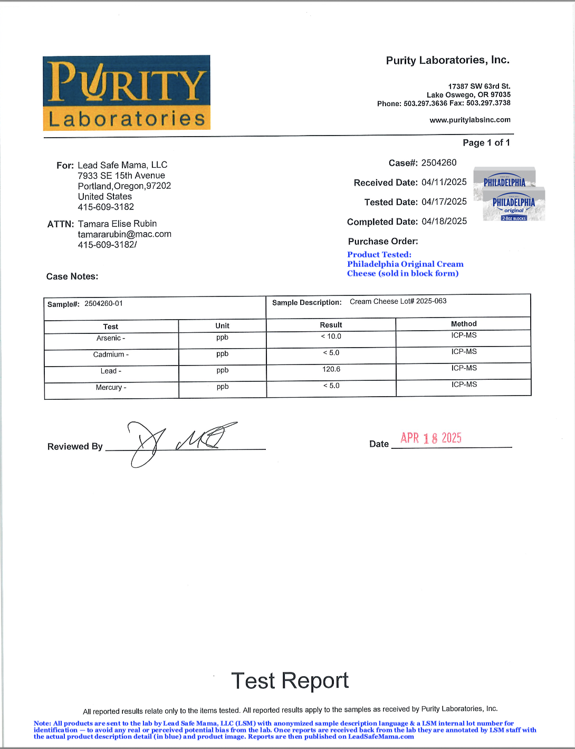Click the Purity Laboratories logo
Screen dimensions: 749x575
127,93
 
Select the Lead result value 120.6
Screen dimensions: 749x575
331,369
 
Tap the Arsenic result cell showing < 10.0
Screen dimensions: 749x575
331,337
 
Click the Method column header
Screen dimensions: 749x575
464,324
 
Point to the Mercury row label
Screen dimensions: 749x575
111,388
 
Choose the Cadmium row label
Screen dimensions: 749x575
111,354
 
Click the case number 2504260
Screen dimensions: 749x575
439,162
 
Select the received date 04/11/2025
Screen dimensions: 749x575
444,183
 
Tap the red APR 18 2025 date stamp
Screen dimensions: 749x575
431,438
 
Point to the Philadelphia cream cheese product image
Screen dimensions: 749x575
509,194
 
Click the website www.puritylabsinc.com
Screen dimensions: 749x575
470,120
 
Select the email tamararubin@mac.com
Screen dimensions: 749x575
124,234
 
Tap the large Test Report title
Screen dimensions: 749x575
290,681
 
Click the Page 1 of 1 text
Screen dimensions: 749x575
486,142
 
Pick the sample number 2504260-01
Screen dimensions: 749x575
103,304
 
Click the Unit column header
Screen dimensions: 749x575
222,326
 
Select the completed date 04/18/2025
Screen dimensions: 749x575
444,222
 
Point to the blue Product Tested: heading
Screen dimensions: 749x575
379,255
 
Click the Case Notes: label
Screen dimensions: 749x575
72,276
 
